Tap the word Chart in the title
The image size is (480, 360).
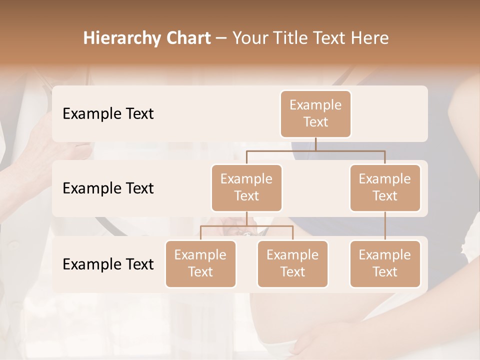pyautogui.click(x=186, y=38)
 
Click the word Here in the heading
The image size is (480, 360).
pyautogui.click(x=369, y=38)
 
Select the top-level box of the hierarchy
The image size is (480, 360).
pyautogui.click(x=315, y=113)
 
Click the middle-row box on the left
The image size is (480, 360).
pyautogui.click(x=246, y=187)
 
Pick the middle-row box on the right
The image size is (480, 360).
pyautogui.click(x=385, y=187)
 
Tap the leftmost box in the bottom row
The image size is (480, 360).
pyautogui.click(x=200, y=263)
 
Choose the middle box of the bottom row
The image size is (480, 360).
pyautogui.click(x=292, y=263)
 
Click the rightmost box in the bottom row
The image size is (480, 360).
pyautogui.click(x=385, y=263)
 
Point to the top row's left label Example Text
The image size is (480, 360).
pyautogui.click(x=108, y=114)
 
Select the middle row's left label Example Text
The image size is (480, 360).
pyautogui.click(x=108, y=188)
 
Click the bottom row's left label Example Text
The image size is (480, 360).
pyautogui.click(x=108, y=264)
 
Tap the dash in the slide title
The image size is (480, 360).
pyautogui.click(x=221, y=38)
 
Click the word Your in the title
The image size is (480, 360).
pyautogui.click(x=247, y=38)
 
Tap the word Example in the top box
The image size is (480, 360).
pyautogui.click(x=315, y=105)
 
